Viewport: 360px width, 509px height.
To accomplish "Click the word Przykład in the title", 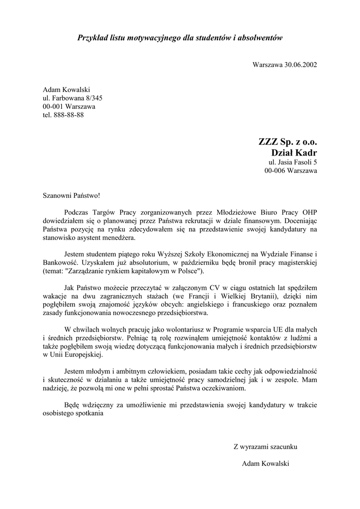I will [x=92, y=38].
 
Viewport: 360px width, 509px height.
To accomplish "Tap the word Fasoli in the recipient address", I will [x=301, y=162].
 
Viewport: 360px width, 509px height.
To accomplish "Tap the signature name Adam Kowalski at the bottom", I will [x=265, y=463].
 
